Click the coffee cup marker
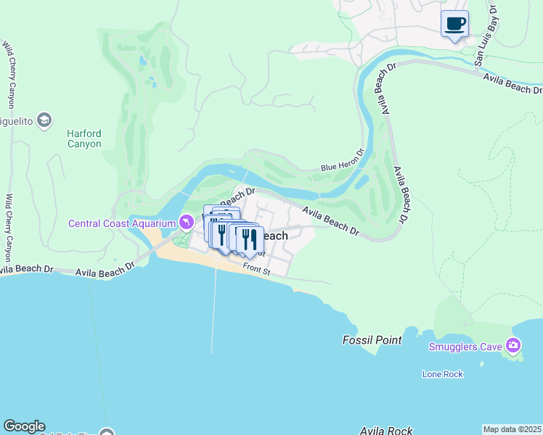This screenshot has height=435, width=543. pos(454,25)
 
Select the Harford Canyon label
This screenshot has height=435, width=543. pos(84,138)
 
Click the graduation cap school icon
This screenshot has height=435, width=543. pos(44,120)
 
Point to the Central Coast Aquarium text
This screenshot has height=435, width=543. pos(122,223)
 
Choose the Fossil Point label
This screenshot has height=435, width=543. pos(372,340)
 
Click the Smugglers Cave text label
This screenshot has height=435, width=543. pos(465,347)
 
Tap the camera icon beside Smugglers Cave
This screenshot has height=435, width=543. pos(515,344)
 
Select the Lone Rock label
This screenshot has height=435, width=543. pos(443,374)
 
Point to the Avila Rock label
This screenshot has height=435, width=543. pos(386,431)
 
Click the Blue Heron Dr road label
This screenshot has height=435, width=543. pos(341,167)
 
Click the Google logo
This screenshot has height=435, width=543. pos(24,426)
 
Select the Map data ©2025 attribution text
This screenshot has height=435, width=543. pos(512,429)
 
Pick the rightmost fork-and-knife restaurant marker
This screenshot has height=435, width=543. pos(250,240)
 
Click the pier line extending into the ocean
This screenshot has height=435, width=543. pos(213,312)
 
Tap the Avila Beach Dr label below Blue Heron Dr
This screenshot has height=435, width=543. pos(331,221)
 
